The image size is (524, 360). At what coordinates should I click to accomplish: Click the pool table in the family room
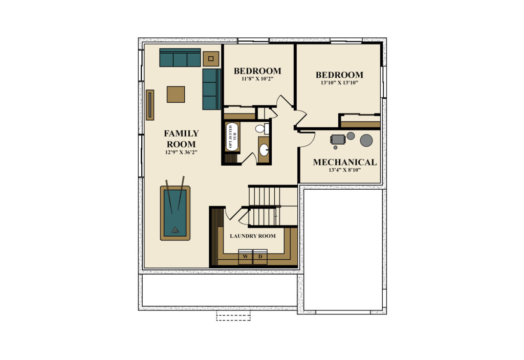(x=175, y=213)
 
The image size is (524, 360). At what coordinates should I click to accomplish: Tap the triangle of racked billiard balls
(x=175, y=230)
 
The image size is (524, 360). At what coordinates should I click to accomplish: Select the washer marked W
(x=246, y=257)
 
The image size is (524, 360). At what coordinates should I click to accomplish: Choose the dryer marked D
(x=260, y=257)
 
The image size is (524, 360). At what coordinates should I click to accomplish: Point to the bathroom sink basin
(x=264, y=150)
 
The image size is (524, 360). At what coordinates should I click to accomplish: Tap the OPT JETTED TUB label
(x=232, y=137)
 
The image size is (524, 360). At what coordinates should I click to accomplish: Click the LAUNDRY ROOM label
(x=253, y=236)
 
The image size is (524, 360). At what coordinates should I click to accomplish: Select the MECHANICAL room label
(x=344, y=162)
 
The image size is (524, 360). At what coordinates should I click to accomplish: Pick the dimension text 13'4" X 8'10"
(x=344, y=170)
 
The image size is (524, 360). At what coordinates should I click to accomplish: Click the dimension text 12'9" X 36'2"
(x=181, y=152)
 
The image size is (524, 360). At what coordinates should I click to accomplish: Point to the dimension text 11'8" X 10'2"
(x=257, y=79)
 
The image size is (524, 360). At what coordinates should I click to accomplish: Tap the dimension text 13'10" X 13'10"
(x=339, y=83)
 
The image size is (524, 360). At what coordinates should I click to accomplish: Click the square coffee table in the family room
(x=176, y=95)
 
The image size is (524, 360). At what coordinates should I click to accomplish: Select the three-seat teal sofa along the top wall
(x=180, y=57)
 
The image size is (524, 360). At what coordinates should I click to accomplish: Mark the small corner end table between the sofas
(x=211, y=59)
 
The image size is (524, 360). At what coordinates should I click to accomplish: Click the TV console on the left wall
(x=150, y=105)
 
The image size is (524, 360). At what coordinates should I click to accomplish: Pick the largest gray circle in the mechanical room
(x=366, y=140)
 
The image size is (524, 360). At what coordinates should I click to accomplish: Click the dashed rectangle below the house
(x=233, y=316)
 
